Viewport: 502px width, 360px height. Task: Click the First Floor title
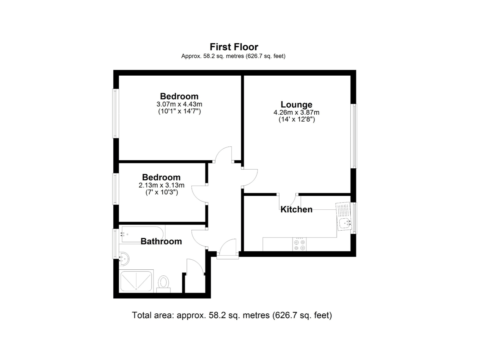point(234,47)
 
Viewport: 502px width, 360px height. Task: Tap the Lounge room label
point(296,104)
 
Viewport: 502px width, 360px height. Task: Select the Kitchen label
point(296,209)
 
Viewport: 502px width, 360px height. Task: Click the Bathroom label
point(161,241)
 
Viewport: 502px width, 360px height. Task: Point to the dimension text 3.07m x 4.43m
point(179,104)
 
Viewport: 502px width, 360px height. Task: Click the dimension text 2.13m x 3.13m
point(161,185)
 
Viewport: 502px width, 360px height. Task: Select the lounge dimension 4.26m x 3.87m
point(296,112)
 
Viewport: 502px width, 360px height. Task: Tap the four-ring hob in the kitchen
point(299,244)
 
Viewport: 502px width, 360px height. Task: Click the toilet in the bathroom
point(163,283)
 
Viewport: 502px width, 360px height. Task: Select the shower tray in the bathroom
point(136,281)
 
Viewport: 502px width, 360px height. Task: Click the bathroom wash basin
point(124,259)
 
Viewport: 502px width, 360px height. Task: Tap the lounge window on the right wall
point(354,136)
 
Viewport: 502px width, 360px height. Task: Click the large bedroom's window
point(116,113)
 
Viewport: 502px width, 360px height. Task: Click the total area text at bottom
point(232,315)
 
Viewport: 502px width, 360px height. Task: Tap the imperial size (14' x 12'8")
point(296,119)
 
